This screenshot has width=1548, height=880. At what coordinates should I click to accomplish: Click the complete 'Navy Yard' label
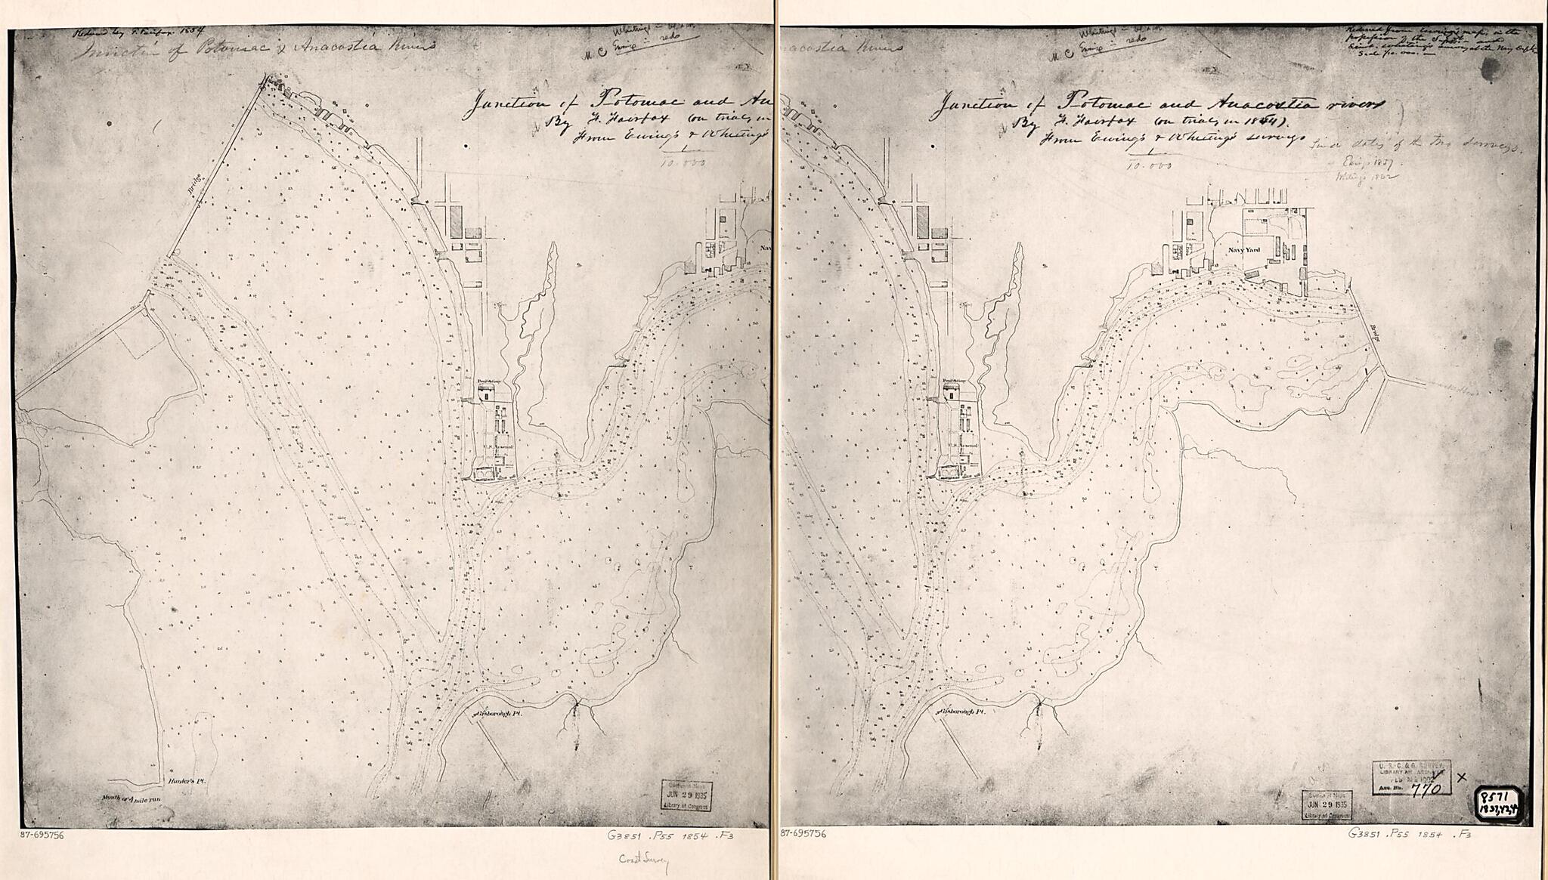point(1244,248)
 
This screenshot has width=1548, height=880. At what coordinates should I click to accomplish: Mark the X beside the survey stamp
point(1460,777)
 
